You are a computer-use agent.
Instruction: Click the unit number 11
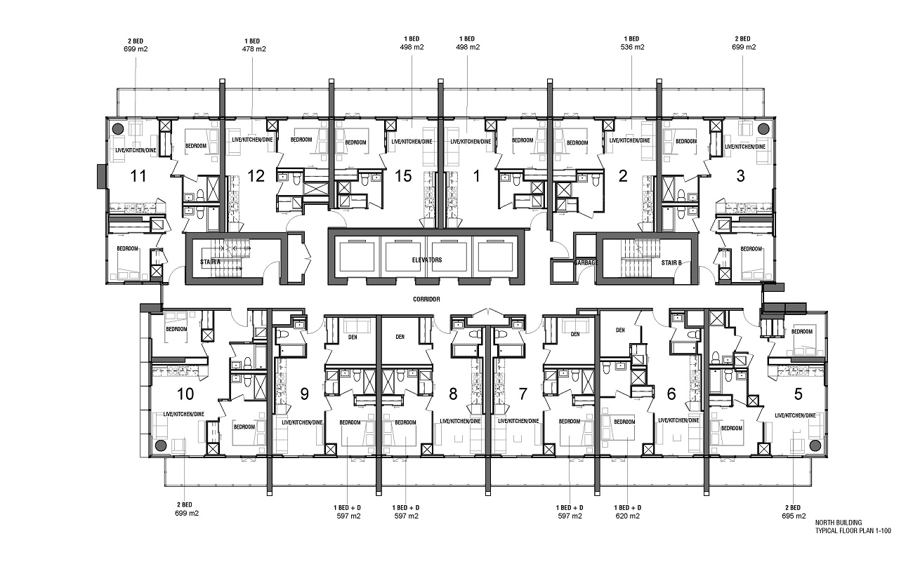[x=138, y=176]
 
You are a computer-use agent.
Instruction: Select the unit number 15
[x=402, y=176]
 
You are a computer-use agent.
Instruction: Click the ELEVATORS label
[x=428, y=260]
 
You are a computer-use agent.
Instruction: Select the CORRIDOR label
[x=427, y=299]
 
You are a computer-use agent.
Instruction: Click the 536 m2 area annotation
[x=632, y=48]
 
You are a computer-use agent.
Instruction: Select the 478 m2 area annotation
[x=254, y=49]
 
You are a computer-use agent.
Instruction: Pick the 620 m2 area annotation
[x=628, y=516]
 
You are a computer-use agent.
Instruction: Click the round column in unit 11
[x=117, y=128]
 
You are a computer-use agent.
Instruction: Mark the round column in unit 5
[x=815, y=446]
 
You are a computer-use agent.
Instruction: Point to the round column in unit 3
[x=763, y=128]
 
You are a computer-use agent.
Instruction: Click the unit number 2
[x=622, y=176]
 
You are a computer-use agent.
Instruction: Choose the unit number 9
[x=304, y=394]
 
